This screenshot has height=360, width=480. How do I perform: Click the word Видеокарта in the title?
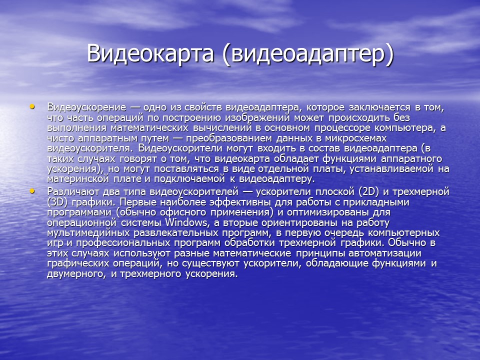pos(150,53)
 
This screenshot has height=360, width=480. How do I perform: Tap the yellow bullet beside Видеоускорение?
pos(32,106)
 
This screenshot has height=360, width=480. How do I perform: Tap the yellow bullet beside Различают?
pos(32,191)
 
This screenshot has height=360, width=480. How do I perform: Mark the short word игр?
pos(55,243)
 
